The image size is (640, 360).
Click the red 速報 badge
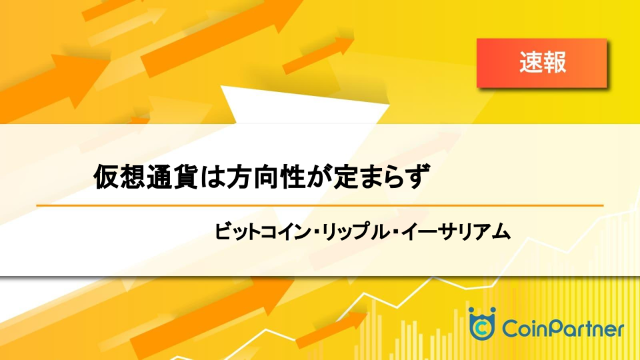point(542,63)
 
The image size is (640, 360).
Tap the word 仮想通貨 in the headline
point(146,177)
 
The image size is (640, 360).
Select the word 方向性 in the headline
point(265,177)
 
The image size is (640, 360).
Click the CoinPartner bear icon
point(482,323)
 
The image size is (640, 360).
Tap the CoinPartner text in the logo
point(563,329)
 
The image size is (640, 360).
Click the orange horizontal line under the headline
point(320,205)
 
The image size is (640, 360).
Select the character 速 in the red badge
point(531,62)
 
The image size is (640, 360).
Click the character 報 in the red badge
point(554,62)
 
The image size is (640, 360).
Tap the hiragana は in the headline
point(212,177)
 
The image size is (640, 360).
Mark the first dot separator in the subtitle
point(315,231)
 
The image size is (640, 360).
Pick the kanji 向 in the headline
point(265,177)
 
